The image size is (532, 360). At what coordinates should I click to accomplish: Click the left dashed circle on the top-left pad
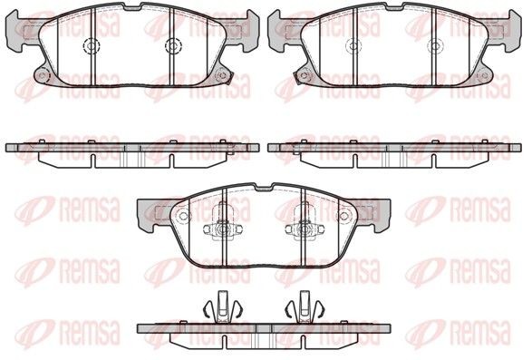pyautogui.click(x=92, y=45)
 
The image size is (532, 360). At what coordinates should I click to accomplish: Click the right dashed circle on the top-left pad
pyautogui.click(x=173, y=45)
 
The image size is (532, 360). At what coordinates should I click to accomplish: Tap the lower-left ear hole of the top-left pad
pyautogui.click(x=42, y=75)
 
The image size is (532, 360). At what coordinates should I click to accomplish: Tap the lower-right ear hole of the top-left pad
pyautogui.click(x=222, y=75)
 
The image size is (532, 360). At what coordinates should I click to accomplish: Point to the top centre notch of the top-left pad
pyautogui.click(x=132, y=6)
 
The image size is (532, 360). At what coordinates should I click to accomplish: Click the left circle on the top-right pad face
pyautogui.click(x=353, y=45)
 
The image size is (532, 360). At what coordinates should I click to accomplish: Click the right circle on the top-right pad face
pyautogui.click(x=435, y=45)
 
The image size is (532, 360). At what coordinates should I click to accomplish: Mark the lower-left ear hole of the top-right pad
pyautogui.click(x=304, y=75)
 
